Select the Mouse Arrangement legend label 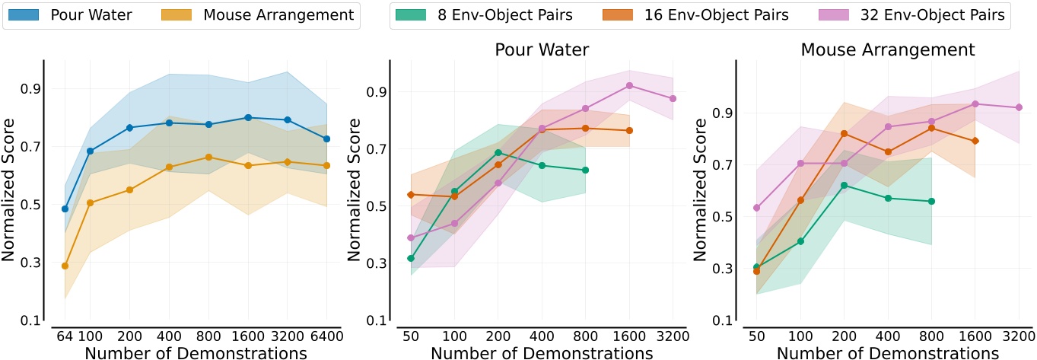point(278,14)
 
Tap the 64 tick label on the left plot point(65,336)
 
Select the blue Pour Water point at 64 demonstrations point(65,209)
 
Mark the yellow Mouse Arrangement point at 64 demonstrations point(65,266)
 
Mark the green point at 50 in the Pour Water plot point(411,258)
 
